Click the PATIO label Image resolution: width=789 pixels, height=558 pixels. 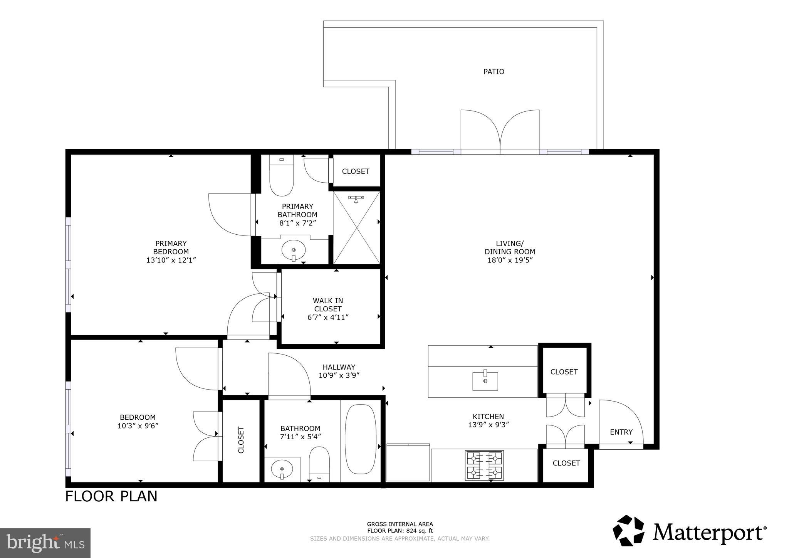tap(494, 72)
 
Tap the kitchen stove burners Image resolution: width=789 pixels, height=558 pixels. tap(485, 465)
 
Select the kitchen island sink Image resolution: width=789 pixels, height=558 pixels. tap(485, 381)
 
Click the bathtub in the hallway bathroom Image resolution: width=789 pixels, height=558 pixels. tap(360, 439)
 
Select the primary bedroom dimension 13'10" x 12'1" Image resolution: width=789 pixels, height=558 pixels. tap(171, 260)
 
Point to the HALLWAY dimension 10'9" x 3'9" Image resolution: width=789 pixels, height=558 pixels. tap(339, 376)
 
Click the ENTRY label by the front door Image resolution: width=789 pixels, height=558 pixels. tap(621, 432)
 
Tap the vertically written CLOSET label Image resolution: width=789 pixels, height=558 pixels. tap(241, 440)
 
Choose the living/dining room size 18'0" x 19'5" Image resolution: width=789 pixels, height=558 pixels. tap(510, 260)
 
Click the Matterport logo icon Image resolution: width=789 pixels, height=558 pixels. tap(628, 531)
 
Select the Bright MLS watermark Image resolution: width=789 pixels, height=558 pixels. tap(45, 543)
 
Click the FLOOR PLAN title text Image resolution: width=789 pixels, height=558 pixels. tap(111, 496)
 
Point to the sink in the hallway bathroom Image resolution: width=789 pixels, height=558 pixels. tap(282, 469)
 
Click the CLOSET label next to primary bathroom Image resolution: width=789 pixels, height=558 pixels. tap(356, 171)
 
